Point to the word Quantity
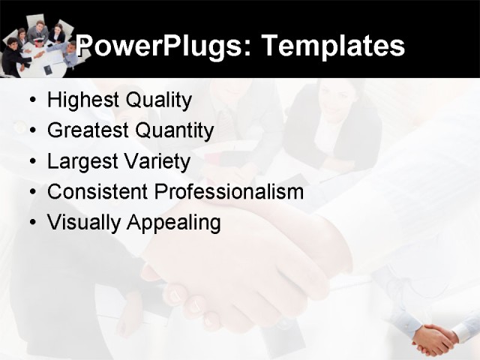pyautogui.click(x=175, y=131)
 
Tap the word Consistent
pyautogui.click(x=97, y=192)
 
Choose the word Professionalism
pyautogui.click(x=229, y=192)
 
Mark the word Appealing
pyautogui.click(x=173, y=223)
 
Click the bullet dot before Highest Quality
pyautogui.click(x=31, y=101)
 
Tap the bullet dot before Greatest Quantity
pyautogui.click(x=31, y=131)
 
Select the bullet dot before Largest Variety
pyautogui.click(x=31, y=162)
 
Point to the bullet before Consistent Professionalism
pyautogui.click(x=31, y=193)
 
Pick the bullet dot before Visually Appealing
pyautogui.click(x=31, y=223)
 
